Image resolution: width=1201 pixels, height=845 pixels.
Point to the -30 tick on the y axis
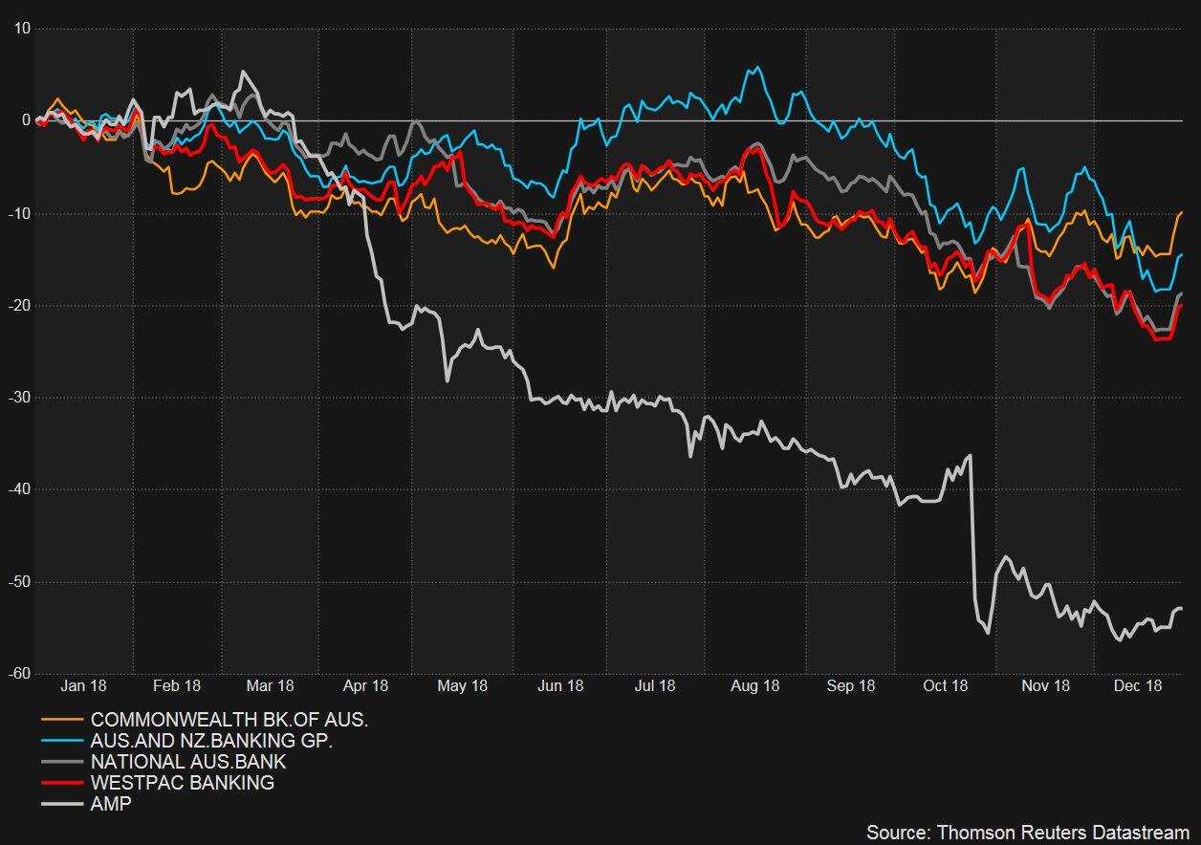pos(18,398)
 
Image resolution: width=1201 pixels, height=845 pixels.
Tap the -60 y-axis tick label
pos(18,674)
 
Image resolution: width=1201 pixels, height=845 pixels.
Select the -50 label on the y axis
pos(18,582)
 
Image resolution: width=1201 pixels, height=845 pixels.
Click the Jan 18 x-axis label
pos(83,685)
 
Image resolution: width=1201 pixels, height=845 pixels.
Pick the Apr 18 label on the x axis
pos(365,685)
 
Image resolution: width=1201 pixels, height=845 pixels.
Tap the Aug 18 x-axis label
pos(755,685)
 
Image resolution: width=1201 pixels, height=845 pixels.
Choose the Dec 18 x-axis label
pos(1139,685)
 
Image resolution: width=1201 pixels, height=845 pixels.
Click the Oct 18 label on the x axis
pos(945,685)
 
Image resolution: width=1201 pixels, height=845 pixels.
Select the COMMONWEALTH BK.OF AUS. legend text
pos(229,720)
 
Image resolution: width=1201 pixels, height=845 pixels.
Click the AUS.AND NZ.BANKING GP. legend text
pos(211,741)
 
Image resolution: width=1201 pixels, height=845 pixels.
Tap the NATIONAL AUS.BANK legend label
pos(188,762)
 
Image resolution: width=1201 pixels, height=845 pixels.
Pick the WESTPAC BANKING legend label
pos(182,783)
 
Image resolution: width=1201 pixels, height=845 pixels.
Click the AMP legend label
pos(111,804)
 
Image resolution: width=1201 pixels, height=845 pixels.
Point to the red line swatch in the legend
pos(62,783)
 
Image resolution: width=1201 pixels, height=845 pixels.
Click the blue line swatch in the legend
pos(62,741)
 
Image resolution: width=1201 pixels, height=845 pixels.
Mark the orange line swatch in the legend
pos(62,720)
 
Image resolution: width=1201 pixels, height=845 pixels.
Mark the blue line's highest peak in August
pos(758,67)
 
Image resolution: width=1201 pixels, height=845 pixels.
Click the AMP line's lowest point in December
pos(1120,639)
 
